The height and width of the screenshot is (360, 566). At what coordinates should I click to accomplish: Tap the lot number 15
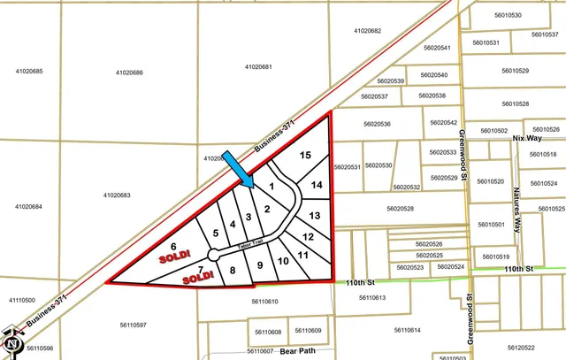point(305,156)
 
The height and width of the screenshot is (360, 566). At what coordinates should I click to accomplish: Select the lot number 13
point(314,215)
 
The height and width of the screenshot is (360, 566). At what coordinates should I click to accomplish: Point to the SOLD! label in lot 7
point(199,277)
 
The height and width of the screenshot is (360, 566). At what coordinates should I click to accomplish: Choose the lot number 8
point(233,271)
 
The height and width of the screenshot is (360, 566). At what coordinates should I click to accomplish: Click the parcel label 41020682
point(367,31)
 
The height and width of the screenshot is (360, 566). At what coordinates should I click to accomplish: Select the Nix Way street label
point(527,139)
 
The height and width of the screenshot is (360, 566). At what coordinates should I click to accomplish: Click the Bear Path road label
point(298,350)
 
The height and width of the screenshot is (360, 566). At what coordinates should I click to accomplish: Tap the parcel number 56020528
point(400,209)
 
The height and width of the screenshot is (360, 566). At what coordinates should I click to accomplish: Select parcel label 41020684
point(28,206)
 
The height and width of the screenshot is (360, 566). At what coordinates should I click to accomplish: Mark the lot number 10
point(283,261)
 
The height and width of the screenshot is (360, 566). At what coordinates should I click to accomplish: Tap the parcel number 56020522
point(521,348)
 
